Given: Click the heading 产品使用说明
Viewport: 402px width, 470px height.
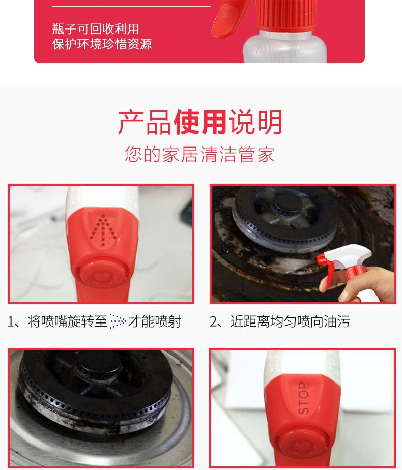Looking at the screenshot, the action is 200,122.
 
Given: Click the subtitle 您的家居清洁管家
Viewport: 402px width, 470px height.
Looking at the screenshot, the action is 199,154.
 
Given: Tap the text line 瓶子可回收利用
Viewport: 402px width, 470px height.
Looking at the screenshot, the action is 95,29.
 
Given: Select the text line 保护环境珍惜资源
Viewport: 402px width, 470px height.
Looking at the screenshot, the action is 102,44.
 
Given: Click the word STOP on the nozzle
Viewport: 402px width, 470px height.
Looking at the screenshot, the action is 303,398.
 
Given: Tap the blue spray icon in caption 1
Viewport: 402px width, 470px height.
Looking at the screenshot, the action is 118,321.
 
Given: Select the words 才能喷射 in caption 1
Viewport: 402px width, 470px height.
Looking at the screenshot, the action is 154,321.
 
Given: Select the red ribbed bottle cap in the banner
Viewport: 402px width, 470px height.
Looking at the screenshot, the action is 285,15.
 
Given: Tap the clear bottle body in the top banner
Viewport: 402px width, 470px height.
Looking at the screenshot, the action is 285,47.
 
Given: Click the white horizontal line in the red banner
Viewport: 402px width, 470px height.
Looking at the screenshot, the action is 132,6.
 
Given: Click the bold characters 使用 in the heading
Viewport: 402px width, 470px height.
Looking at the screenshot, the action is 200,122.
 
